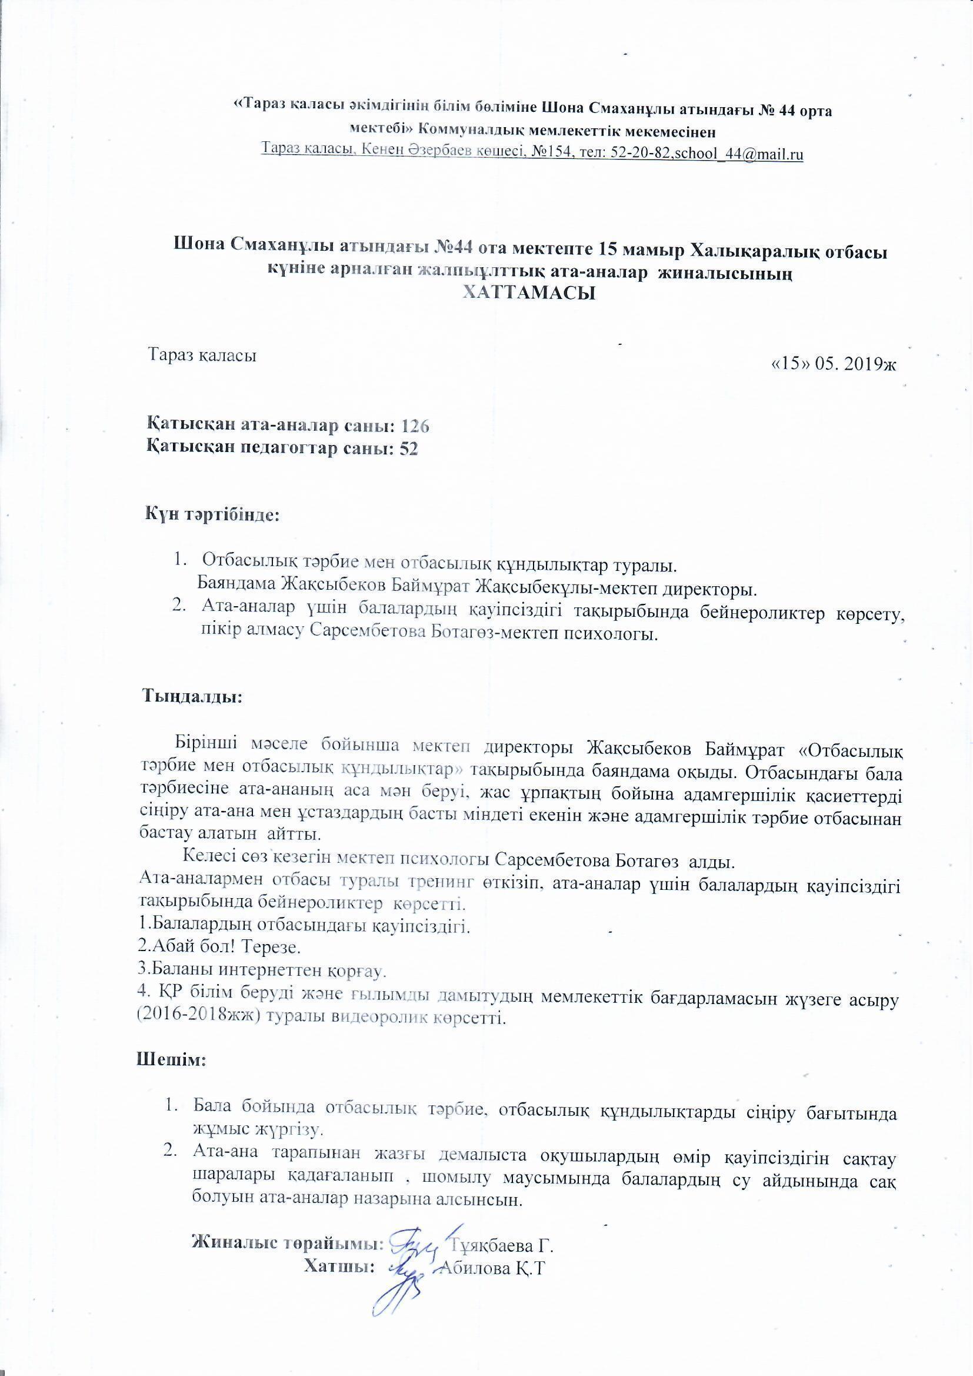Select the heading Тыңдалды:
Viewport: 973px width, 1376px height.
pyautogui.click(x=192, y=697)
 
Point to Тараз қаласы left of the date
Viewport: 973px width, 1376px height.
pyautogui.click(x=203, y=355)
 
